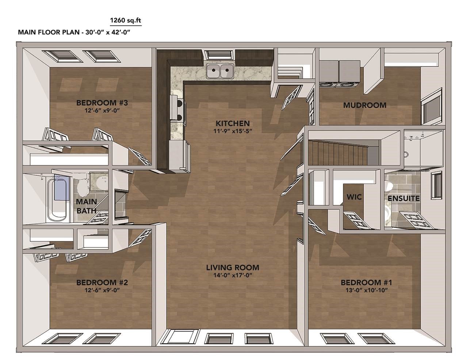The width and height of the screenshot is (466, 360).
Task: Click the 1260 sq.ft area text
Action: tap(126, 20)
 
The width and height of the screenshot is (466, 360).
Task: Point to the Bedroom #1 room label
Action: tap(367, 283)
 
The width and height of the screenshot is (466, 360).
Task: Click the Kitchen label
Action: tap(233, 123)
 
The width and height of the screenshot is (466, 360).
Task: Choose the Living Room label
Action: tap(233, 268)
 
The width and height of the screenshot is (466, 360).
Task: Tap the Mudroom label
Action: tap(365, 105)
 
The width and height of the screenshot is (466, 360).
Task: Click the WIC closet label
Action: tap(354, 197)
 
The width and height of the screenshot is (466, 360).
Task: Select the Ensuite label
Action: tap(404, 199)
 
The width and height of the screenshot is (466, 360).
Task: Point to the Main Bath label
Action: tap(87, 206)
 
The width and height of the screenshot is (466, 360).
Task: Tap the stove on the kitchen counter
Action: tap(177, 109)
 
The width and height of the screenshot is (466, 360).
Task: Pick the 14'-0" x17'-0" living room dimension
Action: tap(233, 275)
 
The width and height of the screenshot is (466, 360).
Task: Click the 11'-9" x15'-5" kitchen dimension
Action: tap(233, 131)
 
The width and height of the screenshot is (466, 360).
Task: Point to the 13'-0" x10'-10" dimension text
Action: tap(367, 290)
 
